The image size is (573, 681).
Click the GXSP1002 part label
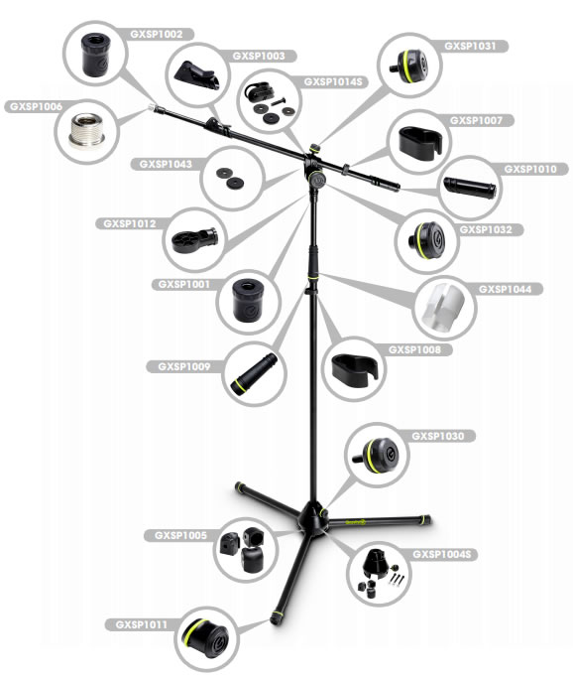[x=157, y=35]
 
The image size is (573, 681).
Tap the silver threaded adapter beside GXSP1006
[x=86, y=131]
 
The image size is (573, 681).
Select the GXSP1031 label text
[x=470, y=46]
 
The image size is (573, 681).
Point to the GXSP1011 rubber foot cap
[x=205, y=639]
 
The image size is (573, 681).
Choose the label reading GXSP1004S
[x=441, y=554]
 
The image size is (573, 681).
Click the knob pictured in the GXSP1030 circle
[x=377, y=455]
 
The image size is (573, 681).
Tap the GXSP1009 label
[x=184, y=366]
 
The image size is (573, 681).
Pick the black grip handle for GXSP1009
[x=254, y=374]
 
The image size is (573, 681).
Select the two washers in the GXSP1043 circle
[x=230, y=178]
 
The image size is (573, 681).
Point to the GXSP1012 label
[x=129, y=223]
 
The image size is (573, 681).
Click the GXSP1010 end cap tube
[x=469, y=188]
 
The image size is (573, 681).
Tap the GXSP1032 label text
[x=486, y=229]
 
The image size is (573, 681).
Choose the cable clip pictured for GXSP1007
[x=420, y=143]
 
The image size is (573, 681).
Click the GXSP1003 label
[x=259, y=56]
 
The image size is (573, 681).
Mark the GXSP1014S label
[x=333, y=81]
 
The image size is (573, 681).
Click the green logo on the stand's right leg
[x=356, y=522]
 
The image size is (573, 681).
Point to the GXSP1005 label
[x=180, y=535]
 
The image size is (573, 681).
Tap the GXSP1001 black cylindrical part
[x=248, y=300]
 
